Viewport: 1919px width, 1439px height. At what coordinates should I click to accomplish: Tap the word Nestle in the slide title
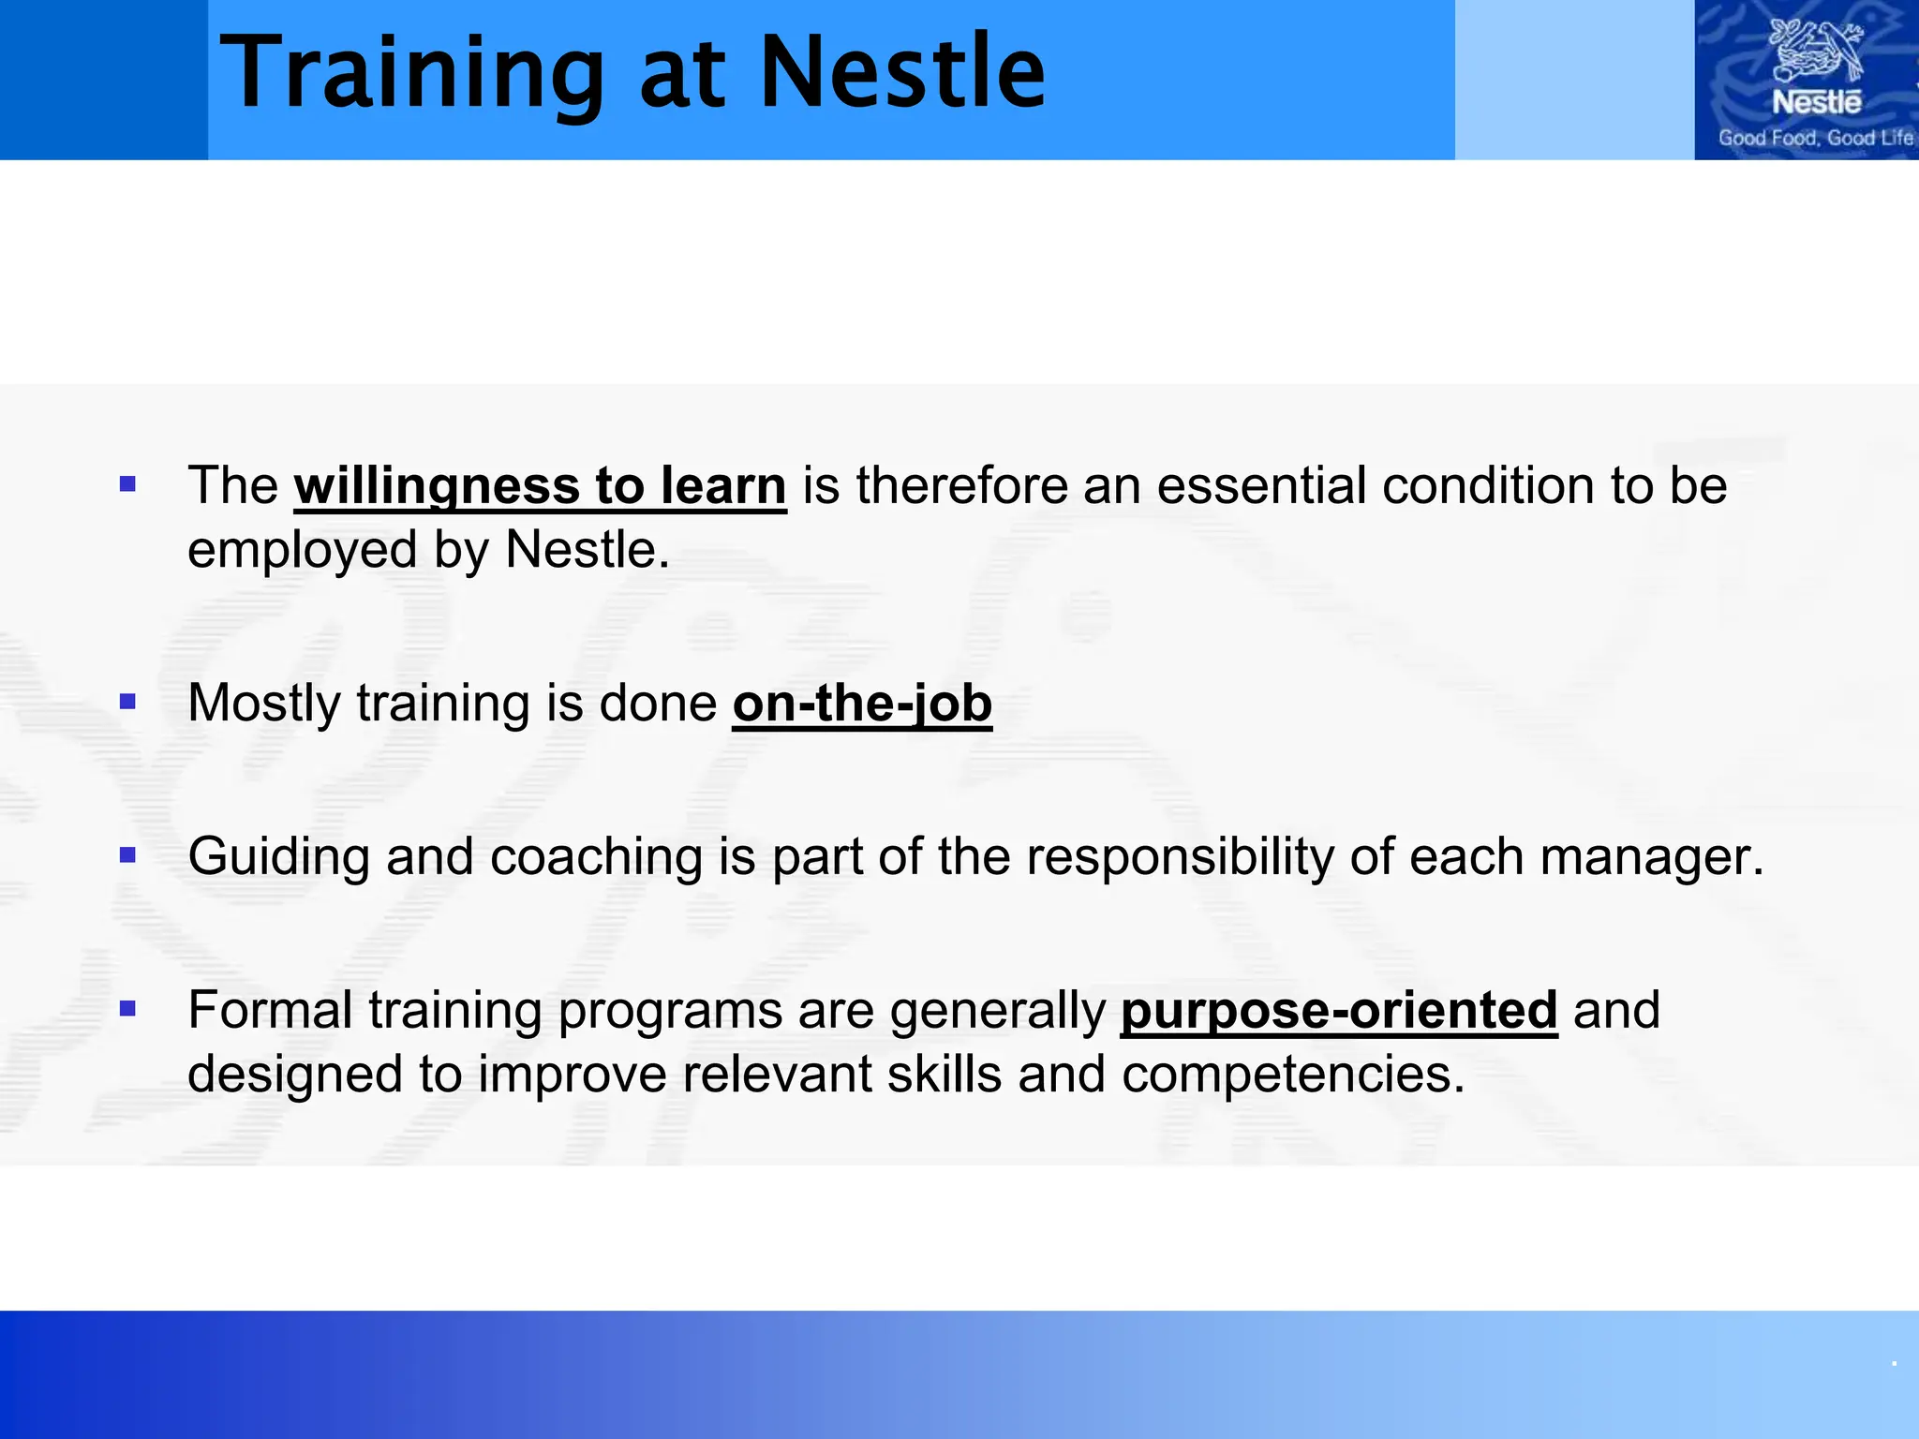tap(901, 73)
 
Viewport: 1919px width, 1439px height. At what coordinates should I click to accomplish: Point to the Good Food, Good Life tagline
tap(1815, 138)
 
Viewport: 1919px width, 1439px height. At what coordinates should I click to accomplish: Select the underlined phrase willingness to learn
tap(540, 486)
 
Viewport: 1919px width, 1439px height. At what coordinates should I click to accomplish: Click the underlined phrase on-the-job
tap(862, 704)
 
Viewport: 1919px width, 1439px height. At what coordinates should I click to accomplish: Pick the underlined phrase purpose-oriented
tap(1338, 1011)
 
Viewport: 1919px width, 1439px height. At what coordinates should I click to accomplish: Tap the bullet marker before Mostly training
tap(128, 702)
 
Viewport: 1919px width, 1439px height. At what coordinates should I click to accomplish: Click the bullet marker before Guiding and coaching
tap(128, 855)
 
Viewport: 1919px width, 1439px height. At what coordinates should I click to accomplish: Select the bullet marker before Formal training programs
tap(128, 1009)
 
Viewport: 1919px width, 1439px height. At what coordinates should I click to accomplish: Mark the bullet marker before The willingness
tap(128, 484)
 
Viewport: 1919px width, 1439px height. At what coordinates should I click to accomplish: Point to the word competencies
tap(1292, 1075)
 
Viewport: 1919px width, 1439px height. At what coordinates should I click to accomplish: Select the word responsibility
tap(1180, 857)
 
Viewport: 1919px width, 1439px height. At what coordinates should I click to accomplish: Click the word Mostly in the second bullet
tap(264, 704)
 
